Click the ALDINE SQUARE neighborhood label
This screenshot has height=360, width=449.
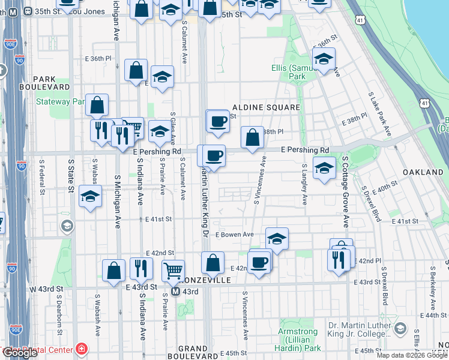pos(270,107)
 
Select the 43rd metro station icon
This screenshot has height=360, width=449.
pos(175,291)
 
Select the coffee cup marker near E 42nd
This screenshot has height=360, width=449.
pos(259,262)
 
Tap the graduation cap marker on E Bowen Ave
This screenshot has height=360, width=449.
pos(276,239)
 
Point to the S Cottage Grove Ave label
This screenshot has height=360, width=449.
pos(346,192)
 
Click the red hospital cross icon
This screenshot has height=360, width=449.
pos(81,349)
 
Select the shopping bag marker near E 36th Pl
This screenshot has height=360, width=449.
pos(137,70)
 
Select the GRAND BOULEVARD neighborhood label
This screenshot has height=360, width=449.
pos(193,352)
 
